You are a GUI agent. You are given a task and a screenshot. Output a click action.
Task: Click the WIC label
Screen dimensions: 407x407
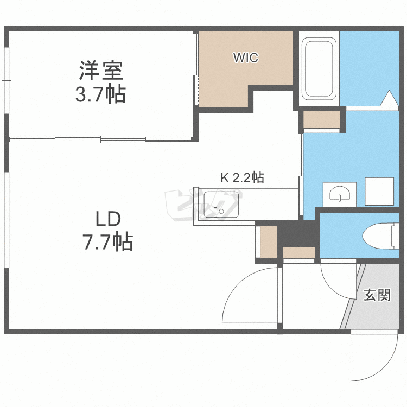click(245, 58)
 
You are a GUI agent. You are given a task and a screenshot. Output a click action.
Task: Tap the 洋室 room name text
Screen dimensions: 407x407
click(101, 71)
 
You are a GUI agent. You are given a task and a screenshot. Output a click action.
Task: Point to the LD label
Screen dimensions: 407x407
click(108, 219)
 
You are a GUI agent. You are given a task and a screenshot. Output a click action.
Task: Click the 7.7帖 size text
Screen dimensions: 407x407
click(108, 241)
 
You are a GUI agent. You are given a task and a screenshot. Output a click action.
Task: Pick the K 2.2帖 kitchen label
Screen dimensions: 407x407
click(242, 177)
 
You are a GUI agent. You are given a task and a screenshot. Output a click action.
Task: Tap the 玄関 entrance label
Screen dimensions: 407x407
click(377, 295)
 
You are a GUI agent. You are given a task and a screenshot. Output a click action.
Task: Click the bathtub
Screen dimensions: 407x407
click(319, 69)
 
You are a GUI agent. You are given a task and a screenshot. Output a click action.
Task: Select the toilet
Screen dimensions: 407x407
click(380, 236)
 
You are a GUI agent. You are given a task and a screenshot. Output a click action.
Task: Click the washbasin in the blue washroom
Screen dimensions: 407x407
click(340, 194)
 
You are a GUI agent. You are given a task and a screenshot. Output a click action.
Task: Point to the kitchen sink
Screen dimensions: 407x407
click(221, 205)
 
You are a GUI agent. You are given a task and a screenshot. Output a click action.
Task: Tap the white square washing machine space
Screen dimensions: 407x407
click(379, 192)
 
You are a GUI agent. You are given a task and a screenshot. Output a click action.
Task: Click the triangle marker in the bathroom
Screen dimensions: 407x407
click(389, 98)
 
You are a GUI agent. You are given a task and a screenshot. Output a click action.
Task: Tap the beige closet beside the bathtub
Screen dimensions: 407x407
click(322, 119)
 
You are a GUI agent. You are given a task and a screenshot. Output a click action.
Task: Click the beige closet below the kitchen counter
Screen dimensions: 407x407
click(269, 242)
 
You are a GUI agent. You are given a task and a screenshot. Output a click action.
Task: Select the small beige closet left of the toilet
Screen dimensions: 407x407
click(298, 252)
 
